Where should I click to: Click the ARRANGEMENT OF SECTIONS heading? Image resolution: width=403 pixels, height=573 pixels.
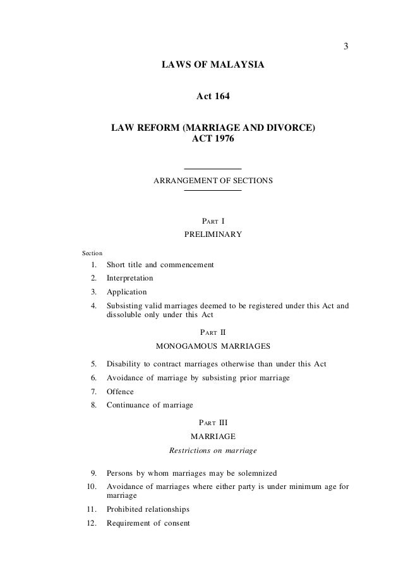213,181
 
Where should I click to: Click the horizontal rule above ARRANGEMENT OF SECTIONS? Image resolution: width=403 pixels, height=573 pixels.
212,169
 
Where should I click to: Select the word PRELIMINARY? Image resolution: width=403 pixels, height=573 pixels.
212,235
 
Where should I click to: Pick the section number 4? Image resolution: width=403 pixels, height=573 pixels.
93,306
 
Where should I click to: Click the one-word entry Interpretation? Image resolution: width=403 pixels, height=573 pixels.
129,278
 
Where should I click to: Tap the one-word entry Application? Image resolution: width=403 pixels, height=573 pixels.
126,292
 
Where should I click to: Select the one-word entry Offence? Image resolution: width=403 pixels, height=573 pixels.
120,392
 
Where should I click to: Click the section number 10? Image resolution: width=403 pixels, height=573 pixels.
92,486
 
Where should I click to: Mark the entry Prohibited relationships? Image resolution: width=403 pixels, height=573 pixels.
148,509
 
